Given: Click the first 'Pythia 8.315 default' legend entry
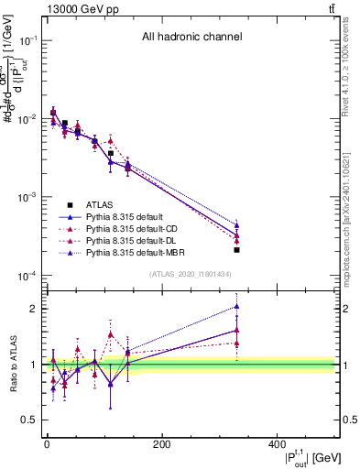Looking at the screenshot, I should click(x=123, y=216).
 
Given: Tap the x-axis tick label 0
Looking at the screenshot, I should click(x=47, y=444).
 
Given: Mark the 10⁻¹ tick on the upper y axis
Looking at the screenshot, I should click(x=31, y=40).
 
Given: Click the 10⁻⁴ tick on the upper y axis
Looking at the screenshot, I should click(x=31, y=276).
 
